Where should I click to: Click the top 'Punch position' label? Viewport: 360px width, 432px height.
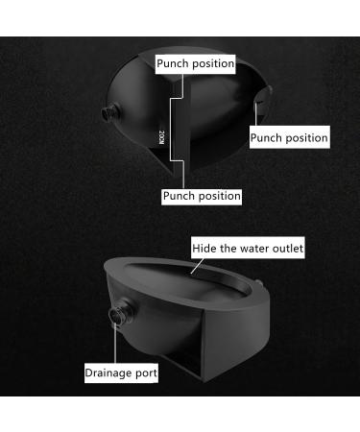[196, 64]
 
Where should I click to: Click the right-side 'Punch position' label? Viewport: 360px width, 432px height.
[289, 137]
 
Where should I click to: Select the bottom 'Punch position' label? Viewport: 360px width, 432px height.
[202, 195]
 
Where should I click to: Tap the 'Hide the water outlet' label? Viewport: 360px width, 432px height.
[248, 248]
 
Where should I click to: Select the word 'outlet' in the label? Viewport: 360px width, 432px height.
[286, 248]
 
